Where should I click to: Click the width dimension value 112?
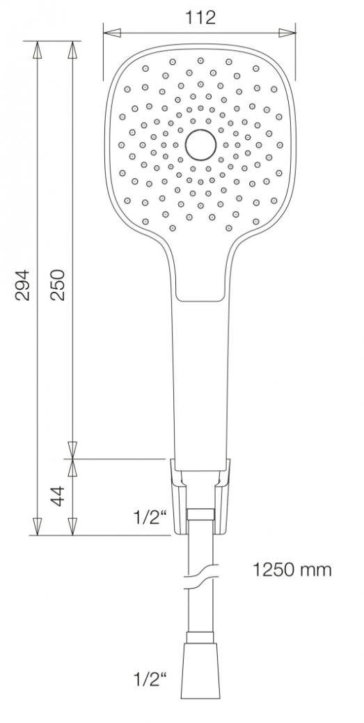pyautogui.click(x=200, y=17)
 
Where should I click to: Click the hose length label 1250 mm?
pyautogui.click(x=291, y=570)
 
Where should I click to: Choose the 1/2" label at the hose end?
pyautogui.click(x=152, y=678)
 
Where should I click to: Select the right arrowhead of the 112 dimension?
pyautogui.click(x=287, y=32)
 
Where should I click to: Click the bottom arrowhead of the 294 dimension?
pyautogui.click(x=38, y=527)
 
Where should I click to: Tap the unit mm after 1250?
pyautogui.click(x=317, y=571)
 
